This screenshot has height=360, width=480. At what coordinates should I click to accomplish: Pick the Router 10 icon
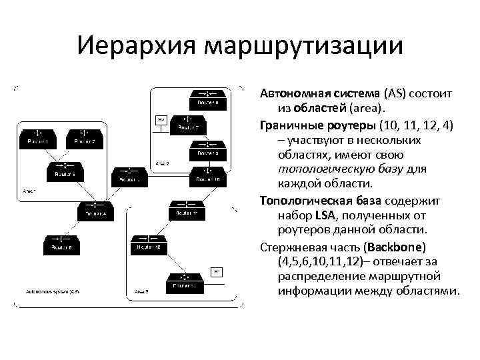click(207, 176)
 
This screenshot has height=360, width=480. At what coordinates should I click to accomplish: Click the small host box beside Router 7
click(161, 120)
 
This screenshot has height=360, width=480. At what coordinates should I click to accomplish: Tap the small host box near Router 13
click(217, 271)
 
